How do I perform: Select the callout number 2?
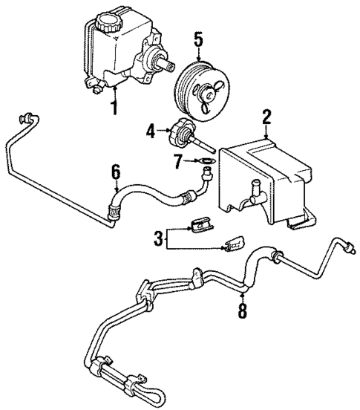click(x=266, y=117)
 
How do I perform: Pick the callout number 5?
click(x=197, y=36)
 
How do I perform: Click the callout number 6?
click(x=115, y=172)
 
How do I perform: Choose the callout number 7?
click(x=178, y=161)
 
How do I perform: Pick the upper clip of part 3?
click(x=198, y=223)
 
